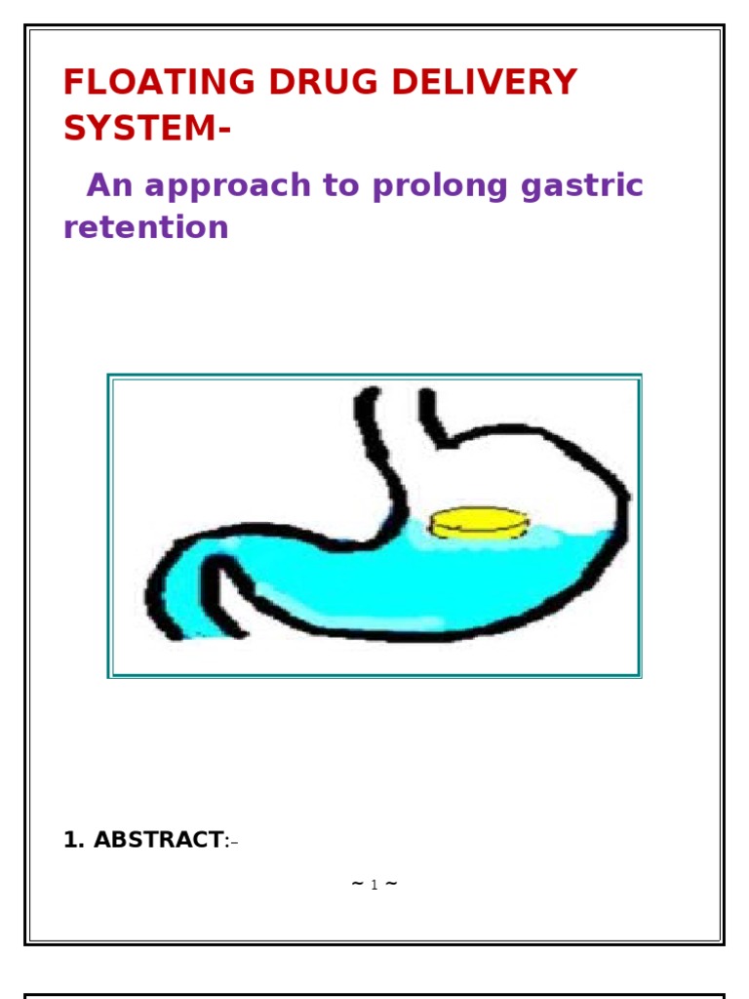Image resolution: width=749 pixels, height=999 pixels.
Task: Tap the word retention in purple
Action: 146,227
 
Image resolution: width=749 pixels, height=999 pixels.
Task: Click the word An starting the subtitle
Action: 105,185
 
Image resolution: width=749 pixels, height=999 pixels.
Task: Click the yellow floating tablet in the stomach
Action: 479,524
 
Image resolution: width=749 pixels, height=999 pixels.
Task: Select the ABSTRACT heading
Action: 158,840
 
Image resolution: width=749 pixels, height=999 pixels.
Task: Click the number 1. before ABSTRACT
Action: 74,840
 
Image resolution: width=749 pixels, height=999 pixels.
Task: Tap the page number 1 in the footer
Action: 374,886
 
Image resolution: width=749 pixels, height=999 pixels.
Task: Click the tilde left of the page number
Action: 358,884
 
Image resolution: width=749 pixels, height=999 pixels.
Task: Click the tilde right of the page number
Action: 390,884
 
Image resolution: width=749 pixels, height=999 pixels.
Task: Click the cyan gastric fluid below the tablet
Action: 468,576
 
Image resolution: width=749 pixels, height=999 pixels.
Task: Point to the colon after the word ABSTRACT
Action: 227,841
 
